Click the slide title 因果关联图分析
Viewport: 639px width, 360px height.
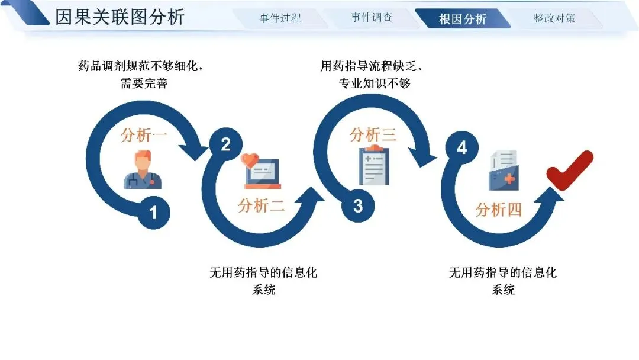[120, 17]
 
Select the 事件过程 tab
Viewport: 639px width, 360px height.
[280, 18]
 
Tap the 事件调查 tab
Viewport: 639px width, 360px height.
[371, 18]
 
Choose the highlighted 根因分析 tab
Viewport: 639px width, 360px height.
[462, 19]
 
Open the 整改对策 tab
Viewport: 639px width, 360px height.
[554, 18]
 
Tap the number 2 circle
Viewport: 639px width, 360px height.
[225, 144]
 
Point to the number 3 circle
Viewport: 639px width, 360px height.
[358, 206]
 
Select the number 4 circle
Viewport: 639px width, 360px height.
[461, 147]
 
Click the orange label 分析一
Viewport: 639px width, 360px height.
[144, 135]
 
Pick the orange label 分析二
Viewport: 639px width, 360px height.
[261, 206]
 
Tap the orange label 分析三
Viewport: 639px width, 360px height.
[373, 135]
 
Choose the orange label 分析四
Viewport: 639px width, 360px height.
[498, 210]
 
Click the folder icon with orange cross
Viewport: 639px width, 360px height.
[504, 172]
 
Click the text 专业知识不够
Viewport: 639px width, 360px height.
[375, 83]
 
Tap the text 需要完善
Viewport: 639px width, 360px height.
[144, 83]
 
